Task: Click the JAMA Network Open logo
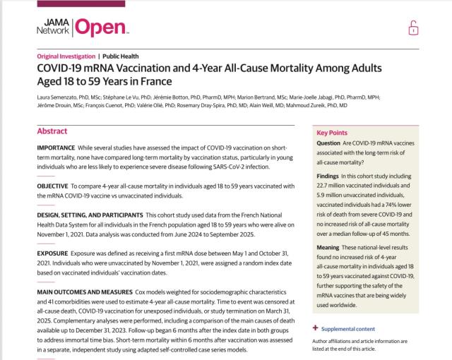coord(82,26)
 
